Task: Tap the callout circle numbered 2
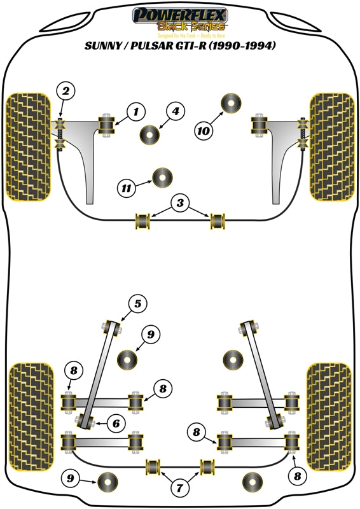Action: pyautogui.click(x=67, y=91)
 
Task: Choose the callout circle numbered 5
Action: pyautogui.click(x=137, y=305)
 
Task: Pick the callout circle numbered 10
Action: pyautogui.click(x=203, y=131)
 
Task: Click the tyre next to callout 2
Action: pyautogui.click(x=28, y=146)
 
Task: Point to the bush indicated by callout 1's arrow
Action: pyautogui.click(x=106, y=125)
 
